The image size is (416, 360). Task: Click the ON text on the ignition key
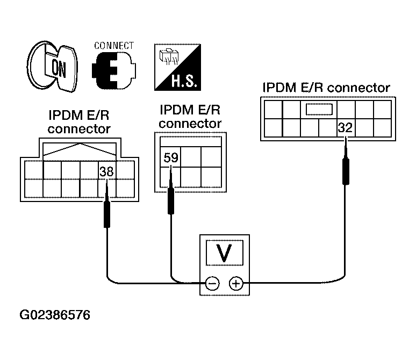tap(59, 68)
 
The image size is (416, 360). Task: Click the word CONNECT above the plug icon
tap(114, 46)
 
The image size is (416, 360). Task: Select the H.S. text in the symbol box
tap(184, 81)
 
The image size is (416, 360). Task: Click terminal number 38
tap(106, 171)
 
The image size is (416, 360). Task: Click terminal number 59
tap(171, 157)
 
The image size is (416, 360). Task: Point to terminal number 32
tap(345, 127)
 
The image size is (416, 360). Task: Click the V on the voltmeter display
tap(224, 253)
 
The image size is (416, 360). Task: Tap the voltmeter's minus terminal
tap(212, 284)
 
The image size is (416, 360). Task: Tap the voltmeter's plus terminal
tap(236, 284)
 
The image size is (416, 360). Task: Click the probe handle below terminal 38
tap(106, 214)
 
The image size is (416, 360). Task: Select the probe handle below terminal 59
tap(171, 200)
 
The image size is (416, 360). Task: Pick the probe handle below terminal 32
tap(346, 171)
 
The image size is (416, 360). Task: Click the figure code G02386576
tap(55, 315)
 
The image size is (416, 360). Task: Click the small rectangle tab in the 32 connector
tap(319, 109)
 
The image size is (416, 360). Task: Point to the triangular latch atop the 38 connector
tap(80, 149)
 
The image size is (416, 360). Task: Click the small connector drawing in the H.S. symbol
tap(169, 56)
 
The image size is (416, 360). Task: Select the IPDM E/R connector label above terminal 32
tap(326, 88)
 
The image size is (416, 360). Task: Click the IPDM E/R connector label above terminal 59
tap(190, 117)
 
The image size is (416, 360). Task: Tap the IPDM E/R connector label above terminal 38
tap(79, 122)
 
